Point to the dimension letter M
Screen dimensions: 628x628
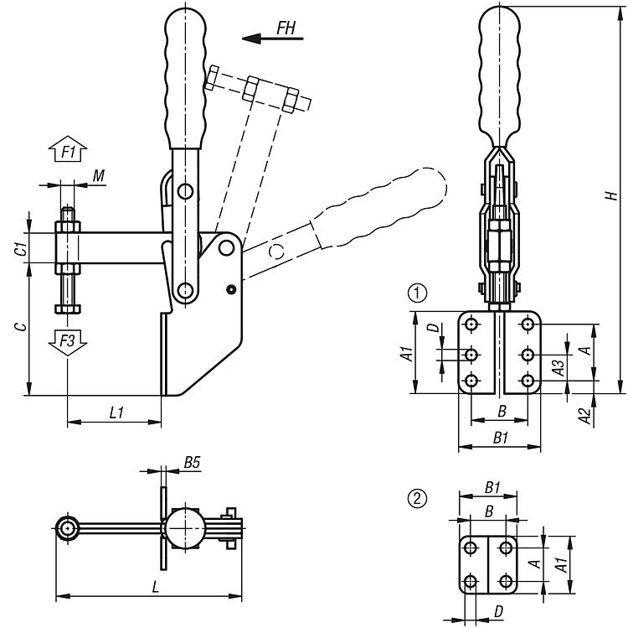99,175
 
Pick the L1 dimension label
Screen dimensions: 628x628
116,412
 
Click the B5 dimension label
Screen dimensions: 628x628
192,462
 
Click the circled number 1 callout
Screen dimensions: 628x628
416,293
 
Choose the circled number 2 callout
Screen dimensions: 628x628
416,498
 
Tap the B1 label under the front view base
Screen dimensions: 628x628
501,438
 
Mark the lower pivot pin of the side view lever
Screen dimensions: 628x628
186,291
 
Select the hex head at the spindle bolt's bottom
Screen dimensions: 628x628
67,309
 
